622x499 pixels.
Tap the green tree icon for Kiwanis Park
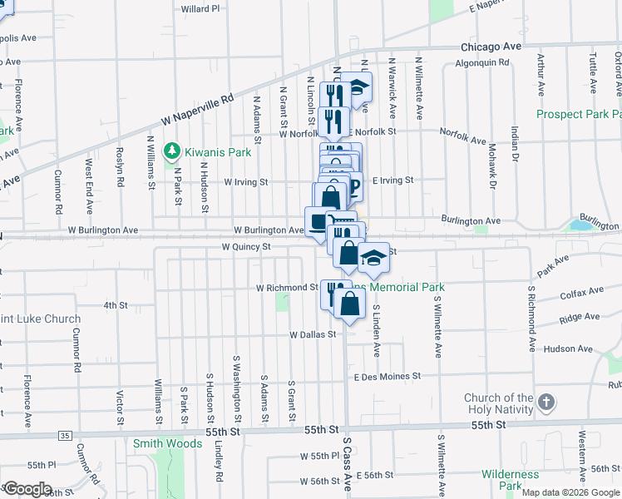[x=172, y=151]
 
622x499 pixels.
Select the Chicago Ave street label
[x=491, y=47]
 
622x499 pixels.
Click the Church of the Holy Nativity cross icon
[x=545, y=403]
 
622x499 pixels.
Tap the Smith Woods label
[x=167, y=443]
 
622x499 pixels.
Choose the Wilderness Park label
[x=510, y=480]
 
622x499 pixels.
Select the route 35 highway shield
[x=65, y=435]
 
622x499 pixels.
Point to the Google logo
[x=27, y=489]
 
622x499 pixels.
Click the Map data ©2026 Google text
[x=570, y=492]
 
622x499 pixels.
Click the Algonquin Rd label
[x=482, y=62]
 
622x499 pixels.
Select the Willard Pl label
[x=200, y=9]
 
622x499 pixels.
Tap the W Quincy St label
[x=246, y=247]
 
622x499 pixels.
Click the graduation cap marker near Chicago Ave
[x=359, y=87]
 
